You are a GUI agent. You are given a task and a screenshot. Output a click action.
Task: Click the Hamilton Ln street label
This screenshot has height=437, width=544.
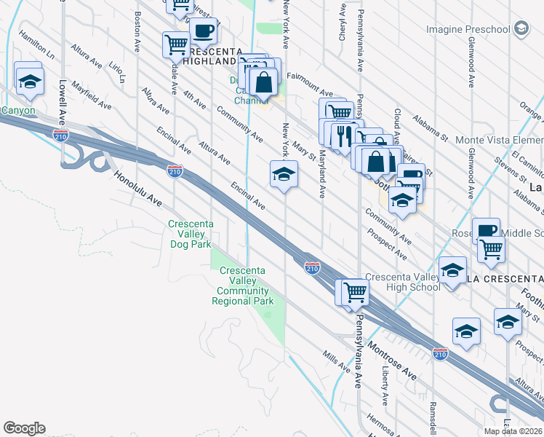point(37,44)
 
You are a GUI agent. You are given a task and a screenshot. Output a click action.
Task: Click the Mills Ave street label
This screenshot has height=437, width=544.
point(337,359)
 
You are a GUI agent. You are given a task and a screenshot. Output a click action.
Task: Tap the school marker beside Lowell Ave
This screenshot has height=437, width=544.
point(30,82)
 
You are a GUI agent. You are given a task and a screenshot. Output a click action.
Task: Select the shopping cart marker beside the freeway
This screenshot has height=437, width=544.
point(355,292)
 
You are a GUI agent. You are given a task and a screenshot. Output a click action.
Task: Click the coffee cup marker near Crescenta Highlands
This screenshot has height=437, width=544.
point(204,32)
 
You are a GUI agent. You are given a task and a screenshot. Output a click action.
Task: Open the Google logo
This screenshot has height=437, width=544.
point(24,428)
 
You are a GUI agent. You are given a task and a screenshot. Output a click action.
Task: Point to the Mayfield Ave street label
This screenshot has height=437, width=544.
point(92,99)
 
